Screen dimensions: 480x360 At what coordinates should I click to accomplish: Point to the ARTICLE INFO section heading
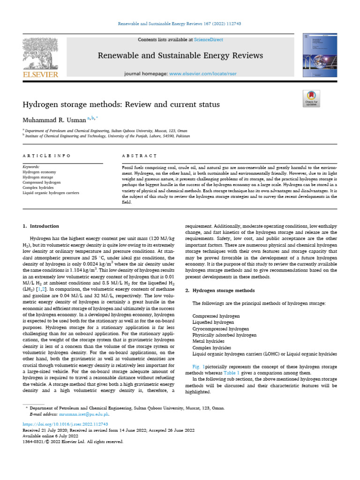(x=46, y=155)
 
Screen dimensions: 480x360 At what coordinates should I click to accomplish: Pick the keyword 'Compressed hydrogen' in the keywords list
(x=42, y=182)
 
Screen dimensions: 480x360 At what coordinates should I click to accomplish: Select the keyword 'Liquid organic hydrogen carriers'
(x=51, y=193)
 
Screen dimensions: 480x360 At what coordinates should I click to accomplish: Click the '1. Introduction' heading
(x=41, y=226)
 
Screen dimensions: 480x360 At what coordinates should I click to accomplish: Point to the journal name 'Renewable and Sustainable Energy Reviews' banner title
(x=180, y=56)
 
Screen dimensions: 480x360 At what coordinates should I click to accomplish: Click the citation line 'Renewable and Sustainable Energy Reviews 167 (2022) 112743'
(x=180, y=24)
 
